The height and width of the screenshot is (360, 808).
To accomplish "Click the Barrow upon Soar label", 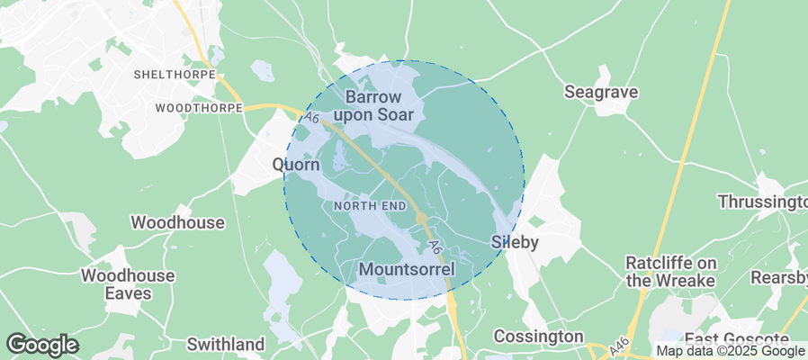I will (x=373, y=105).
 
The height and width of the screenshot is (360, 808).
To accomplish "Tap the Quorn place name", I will (x=296, y=166).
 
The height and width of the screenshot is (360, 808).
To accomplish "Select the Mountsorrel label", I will (x=406, y=269).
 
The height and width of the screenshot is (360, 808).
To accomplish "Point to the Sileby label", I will (x=516, y=242).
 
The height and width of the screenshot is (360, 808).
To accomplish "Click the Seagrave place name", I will (x=601, y=92).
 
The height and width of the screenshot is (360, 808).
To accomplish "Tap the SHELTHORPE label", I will (x=175, y=74).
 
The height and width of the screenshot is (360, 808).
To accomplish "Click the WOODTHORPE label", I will (x=200, y=108).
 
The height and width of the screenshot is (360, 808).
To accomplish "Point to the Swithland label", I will (x=226, y=344).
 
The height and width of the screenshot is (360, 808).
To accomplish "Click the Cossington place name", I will (x=539, y=337).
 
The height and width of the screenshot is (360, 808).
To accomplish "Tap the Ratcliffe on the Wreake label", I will (x=670, y=271).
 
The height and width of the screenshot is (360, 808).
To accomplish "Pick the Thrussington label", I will (x=763, y=201).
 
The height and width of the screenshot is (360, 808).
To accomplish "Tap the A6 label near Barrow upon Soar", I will (x=312, y=118).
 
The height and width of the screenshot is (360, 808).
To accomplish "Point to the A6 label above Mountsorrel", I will (x=435, y=246).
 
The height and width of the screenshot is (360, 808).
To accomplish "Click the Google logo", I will (x=41, y=344).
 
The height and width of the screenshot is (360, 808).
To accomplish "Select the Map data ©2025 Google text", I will (x=730, y=351).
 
